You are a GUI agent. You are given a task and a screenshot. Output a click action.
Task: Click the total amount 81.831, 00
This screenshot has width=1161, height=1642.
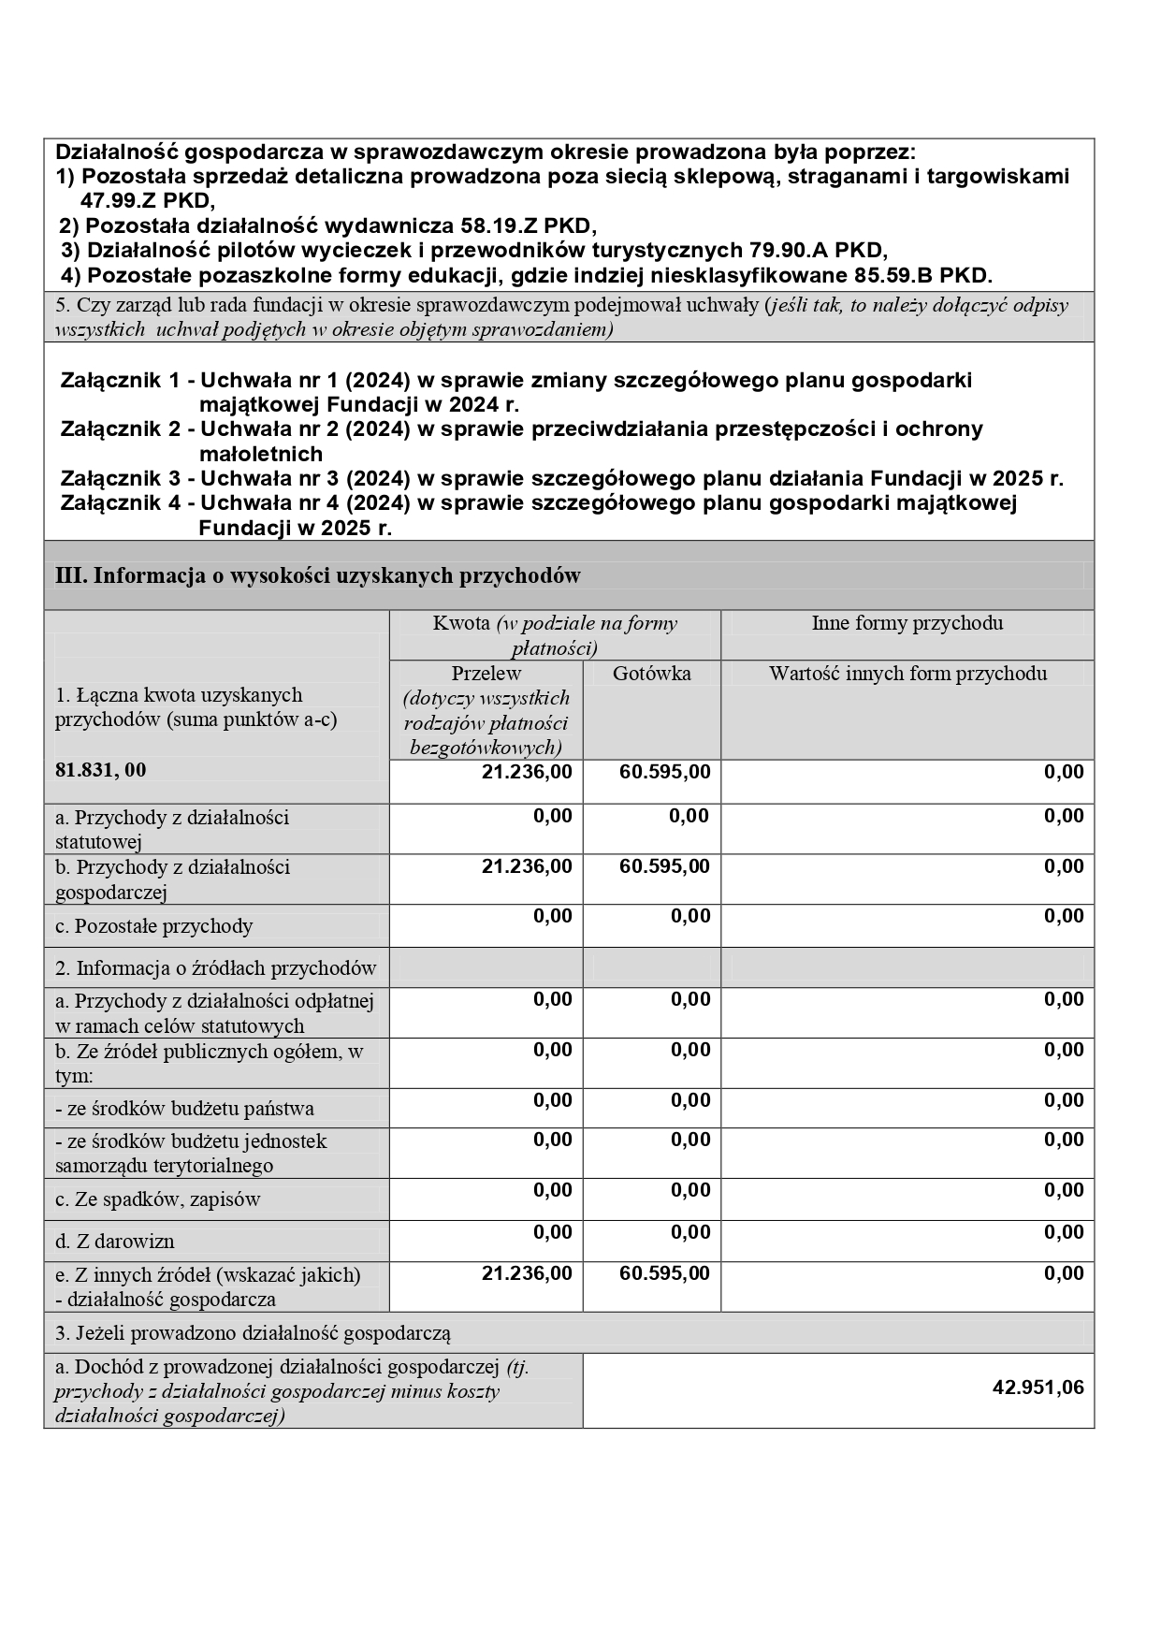(101, 770)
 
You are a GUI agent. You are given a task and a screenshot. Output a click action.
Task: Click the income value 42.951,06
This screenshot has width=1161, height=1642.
(1038, 1388)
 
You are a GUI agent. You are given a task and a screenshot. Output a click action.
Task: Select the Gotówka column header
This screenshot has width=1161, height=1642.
(651, 674)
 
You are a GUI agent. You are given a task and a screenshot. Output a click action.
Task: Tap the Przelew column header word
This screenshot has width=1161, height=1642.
(486, 674)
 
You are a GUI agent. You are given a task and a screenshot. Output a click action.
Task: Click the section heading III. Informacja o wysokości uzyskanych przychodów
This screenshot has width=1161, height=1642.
(318, 575)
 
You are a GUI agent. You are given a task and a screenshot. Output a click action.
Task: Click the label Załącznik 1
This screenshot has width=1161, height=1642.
(120, 380)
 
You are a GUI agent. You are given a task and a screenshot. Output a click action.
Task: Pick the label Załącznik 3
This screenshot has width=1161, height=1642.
(120, 478)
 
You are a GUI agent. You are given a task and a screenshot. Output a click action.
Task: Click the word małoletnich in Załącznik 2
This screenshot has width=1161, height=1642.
(261, 454)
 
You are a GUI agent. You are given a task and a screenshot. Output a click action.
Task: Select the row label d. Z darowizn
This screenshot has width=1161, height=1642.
(115, 1242)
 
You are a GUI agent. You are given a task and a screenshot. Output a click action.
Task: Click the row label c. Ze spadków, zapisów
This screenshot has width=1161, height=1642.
(157, 1199)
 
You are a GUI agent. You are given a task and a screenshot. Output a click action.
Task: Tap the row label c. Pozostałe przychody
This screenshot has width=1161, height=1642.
(153, 926)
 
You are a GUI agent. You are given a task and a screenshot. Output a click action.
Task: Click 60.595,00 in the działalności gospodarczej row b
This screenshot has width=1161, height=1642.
(664, 866)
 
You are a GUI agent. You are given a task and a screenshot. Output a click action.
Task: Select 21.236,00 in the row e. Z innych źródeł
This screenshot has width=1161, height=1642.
(527, 1273)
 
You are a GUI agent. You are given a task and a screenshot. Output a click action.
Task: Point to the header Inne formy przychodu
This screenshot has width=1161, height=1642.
(907, 623)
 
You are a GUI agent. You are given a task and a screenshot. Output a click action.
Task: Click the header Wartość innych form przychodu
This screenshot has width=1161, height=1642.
(907, 674)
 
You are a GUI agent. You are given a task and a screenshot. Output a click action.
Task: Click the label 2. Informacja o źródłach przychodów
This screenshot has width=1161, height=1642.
(215, 968)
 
